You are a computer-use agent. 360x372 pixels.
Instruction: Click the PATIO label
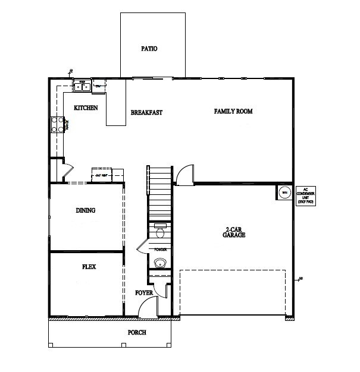pos(149,49)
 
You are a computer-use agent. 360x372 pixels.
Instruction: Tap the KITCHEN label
pos(86,108)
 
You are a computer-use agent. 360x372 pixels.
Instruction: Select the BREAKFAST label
pos(146,112)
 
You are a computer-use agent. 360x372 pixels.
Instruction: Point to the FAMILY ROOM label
pos(233,111)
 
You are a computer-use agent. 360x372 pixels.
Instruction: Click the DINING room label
pos(86,210)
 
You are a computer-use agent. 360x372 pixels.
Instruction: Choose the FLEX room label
pos(89,267)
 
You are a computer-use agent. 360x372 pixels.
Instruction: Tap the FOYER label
pos(144,293)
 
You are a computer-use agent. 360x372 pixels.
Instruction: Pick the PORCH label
pos(137,332)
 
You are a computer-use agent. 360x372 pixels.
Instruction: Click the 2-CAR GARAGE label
pos(236,232)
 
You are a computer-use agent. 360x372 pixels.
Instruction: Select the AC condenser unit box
pos(305,194)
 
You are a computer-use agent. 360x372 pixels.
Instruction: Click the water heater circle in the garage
pos(284,193)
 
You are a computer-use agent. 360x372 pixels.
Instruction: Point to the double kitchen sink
pos(81,87)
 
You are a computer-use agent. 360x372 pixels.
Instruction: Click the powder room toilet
pos(159,230)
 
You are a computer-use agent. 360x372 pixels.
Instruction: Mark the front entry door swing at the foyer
pos(146,308)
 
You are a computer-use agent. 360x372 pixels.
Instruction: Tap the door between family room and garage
pos(184,174)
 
